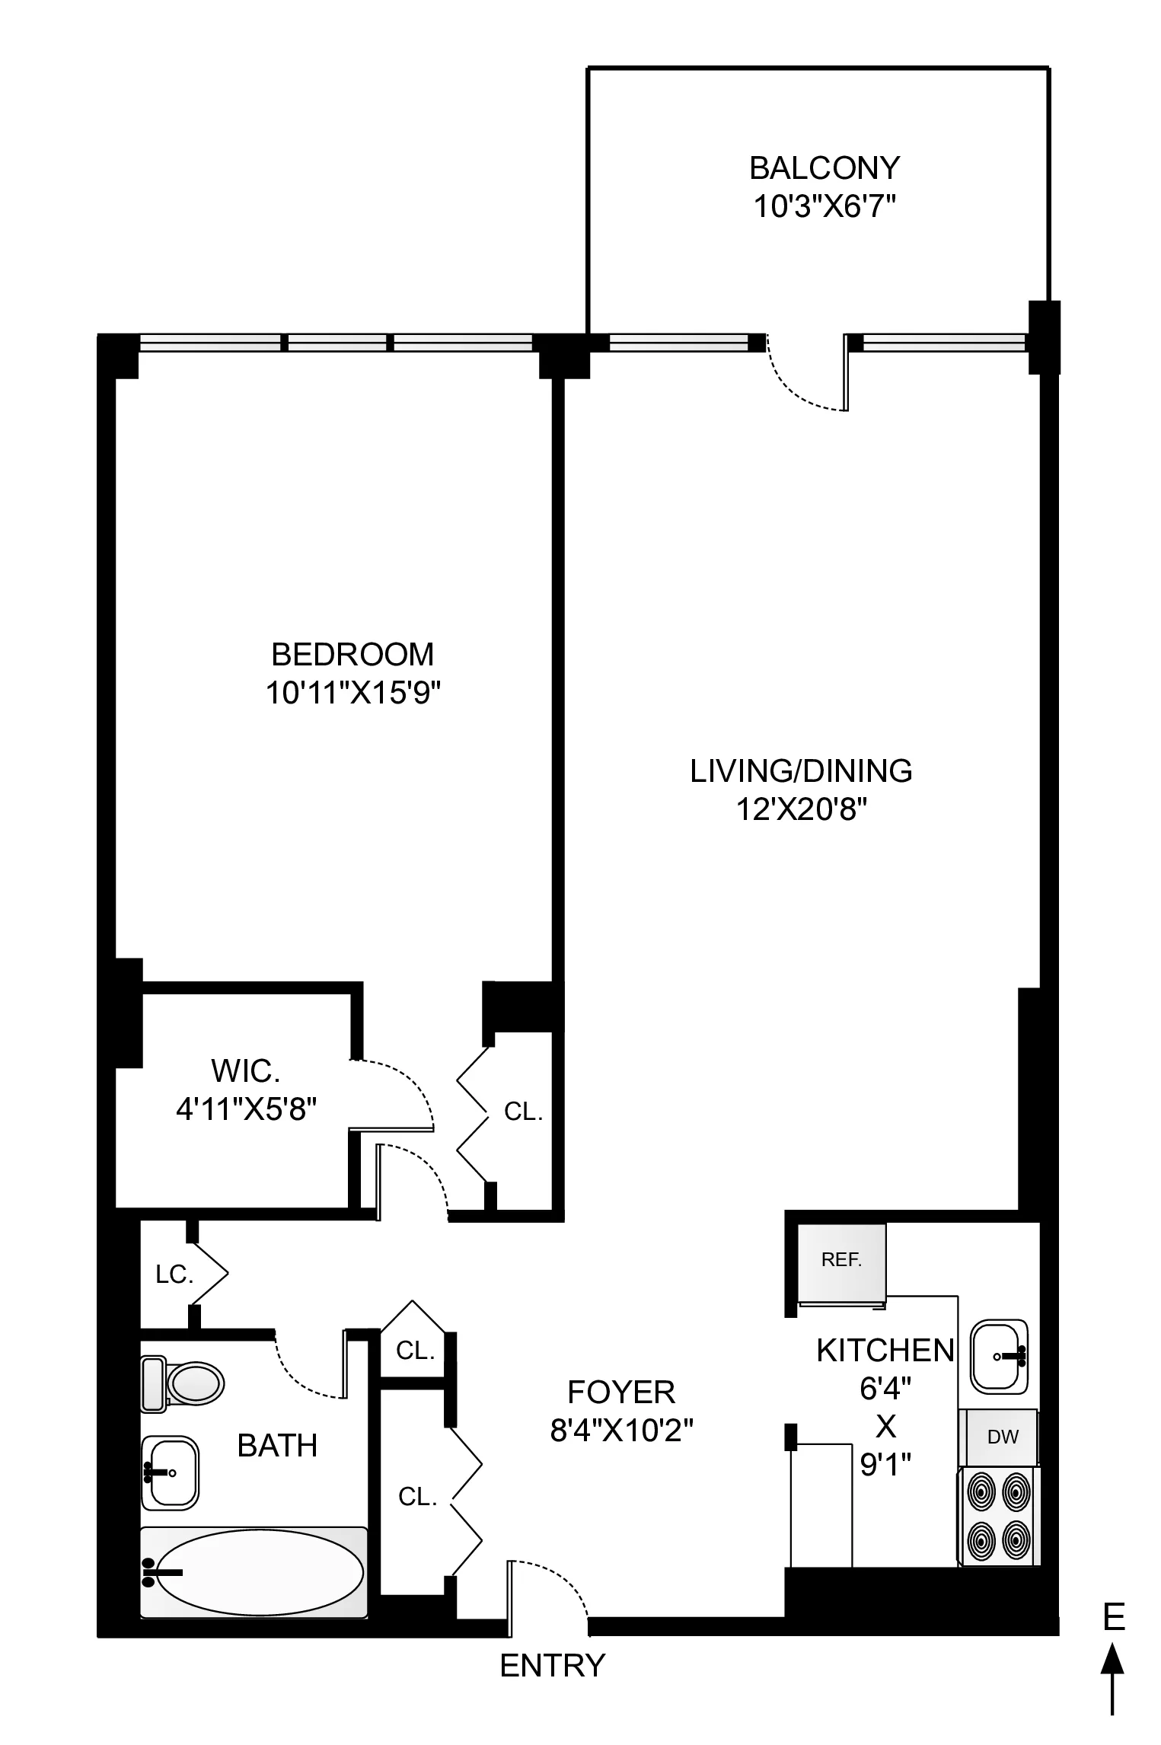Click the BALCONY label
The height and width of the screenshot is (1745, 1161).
click(824, 167)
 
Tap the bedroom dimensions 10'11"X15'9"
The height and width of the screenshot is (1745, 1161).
click(353, 694)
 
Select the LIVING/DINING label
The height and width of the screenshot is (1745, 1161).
click(801, 771)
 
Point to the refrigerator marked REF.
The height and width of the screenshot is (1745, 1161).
click(841, 1260)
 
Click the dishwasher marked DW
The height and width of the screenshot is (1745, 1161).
click(1002, 1437)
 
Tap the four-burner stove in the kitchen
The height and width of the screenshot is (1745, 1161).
click(998, 1516)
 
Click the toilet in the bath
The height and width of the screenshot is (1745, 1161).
click(183, 1383)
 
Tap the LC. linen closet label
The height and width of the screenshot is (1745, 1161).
click(174, 1275)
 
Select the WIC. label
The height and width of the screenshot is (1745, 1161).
click(245, 1070)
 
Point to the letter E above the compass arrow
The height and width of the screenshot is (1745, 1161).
click(1114, 1617)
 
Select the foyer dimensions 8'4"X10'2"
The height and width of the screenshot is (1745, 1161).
click(621, 1432)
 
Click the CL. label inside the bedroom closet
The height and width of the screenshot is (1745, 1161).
click(523, 1112)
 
